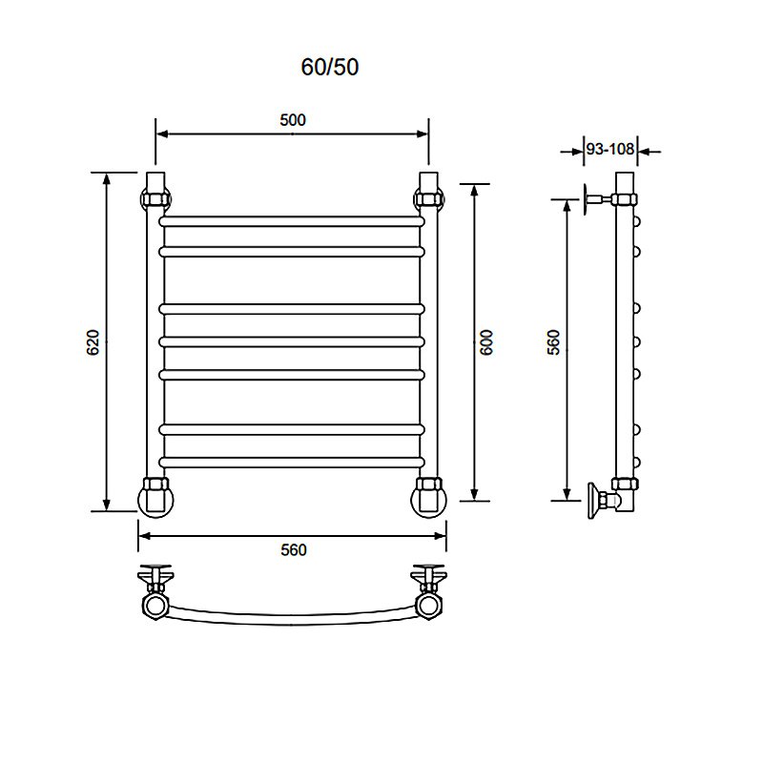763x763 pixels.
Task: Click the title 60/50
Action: click(x=330, y=67)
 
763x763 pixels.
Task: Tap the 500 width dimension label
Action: click(x=293, y=120)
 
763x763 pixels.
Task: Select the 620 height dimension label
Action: click(x=93, y=342)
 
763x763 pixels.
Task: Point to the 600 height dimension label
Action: click(x=486, y=342)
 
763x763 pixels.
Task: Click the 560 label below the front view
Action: click(x=294, y=550)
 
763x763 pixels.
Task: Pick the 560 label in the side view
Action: click(x=554, y=342)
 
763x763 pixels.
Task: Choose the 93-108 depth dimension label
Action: click(x=610, y=149)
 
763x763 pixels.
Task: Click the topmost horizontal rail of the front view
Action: click(x=292, y=221)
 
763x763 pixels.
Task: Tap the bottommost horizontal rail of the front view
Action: click(x=292, y=463)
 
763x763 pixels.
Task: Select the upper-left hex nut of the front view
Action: click(x=155, y=199)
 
